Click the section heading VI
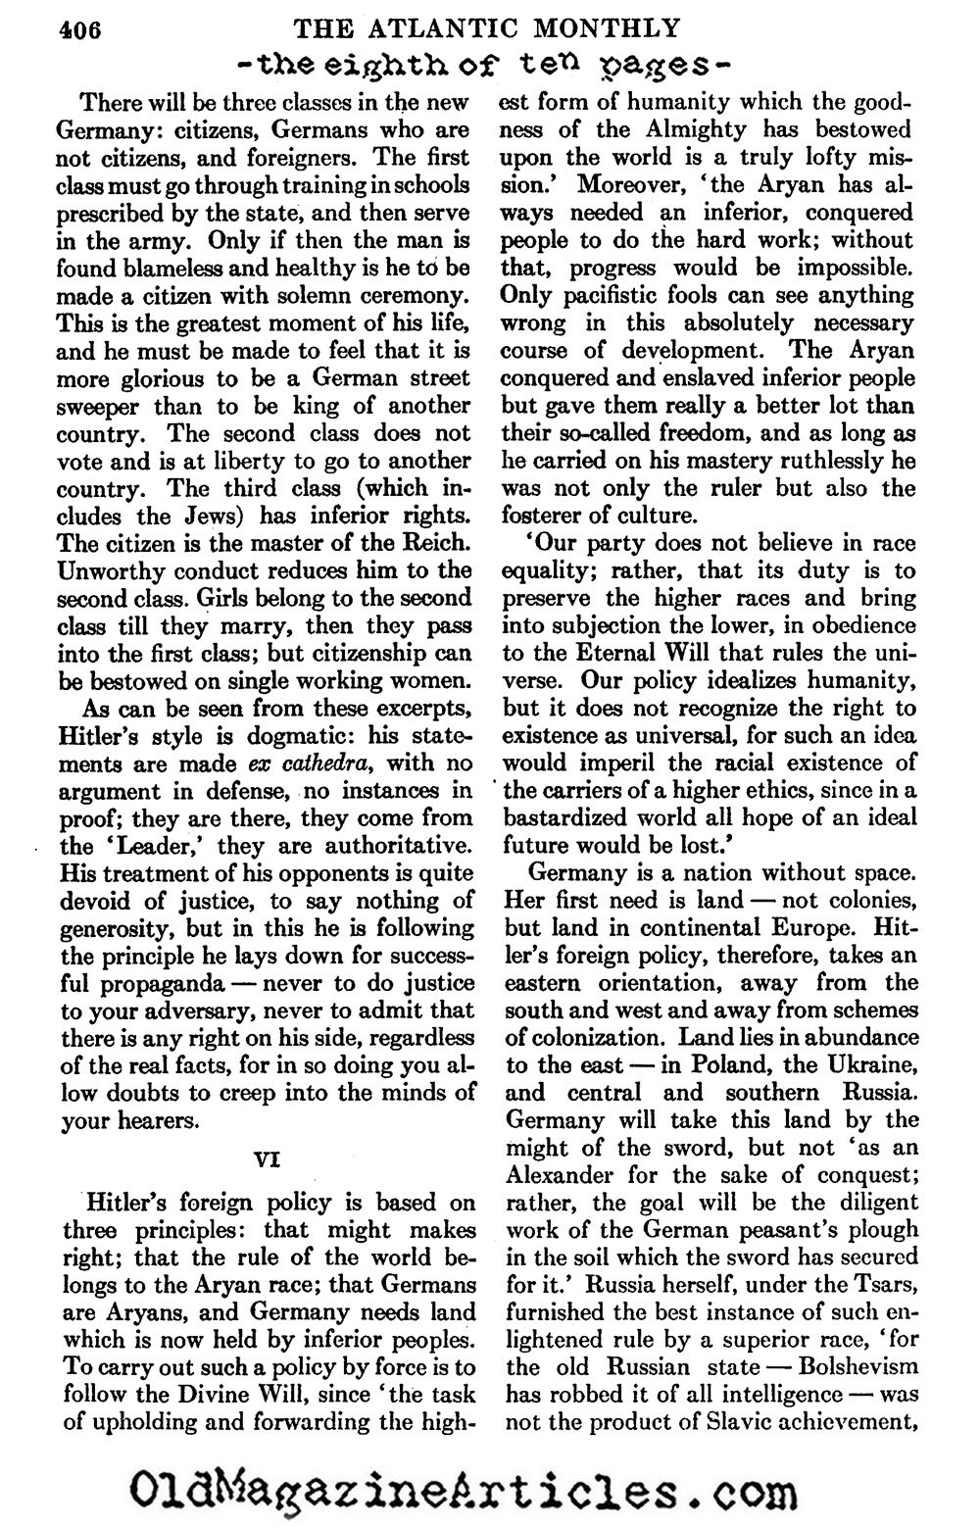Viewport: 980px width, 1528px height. click(268, 1158)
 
